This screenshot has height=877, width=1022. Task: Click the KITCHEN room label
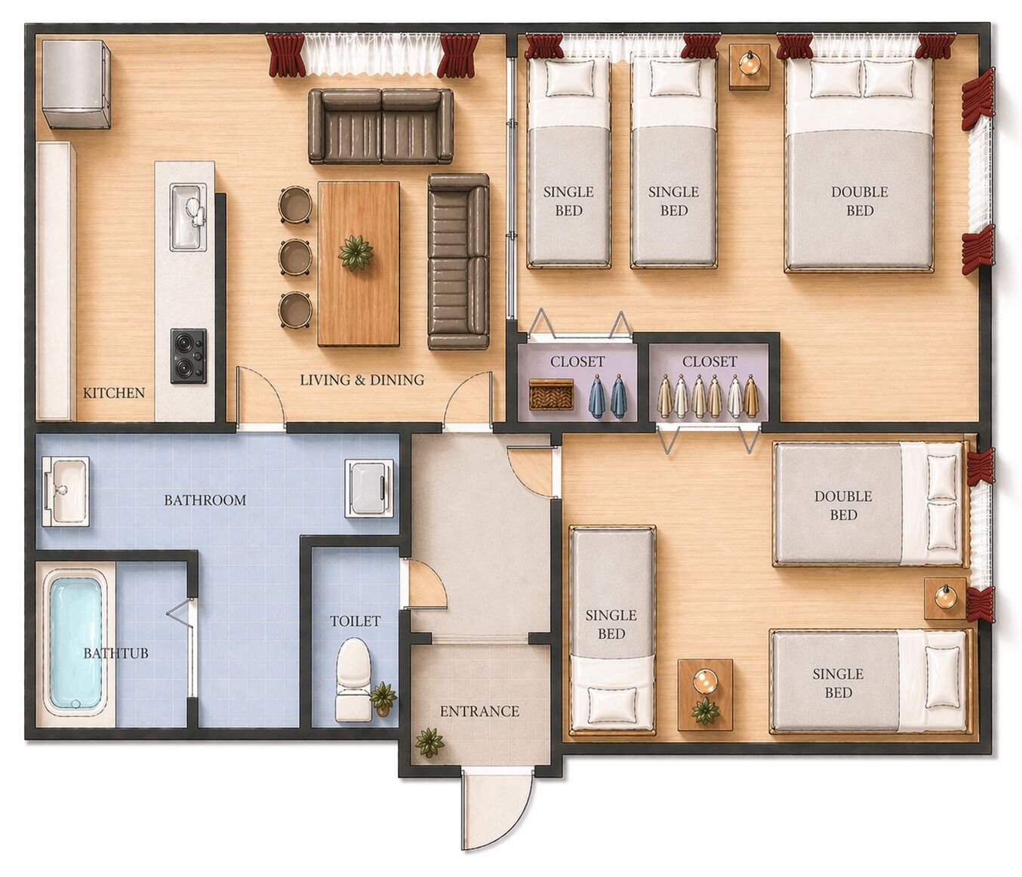click(113, 392)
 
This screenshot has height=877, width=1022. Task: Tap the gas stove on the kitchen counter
click(188, 355)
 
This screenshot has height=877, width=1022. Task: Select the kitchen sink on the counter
click(187, 216)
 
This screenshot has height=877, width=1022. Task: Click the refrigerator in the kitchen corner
click(76, 84)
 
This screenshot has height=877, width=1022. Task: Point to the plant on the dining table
click(356, 252)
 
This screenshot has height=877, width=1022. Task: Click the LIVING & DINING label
click(362, 380)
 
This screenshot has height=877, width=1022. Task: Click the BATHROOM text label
click(205, 500)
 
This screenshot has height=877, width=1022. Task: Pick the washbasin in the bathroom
click(66, 490)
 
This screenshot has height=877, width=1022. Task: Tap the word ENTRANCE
click(479, 711)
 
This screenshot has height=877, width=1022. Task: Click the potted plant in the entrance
click(429, 741)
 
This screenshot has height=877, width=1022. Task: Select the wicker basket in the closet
click(551, 394)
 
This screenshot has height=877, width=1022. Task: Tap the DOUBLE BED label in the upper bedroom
click(859, 201)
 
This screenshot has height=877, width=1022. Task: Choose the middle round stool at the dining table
click(294, 257)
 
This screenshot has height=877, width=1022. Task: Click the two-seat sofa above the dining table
click(380, 126)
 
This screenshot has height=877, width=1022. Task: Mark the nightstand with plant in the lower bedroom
click(705, 694)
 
